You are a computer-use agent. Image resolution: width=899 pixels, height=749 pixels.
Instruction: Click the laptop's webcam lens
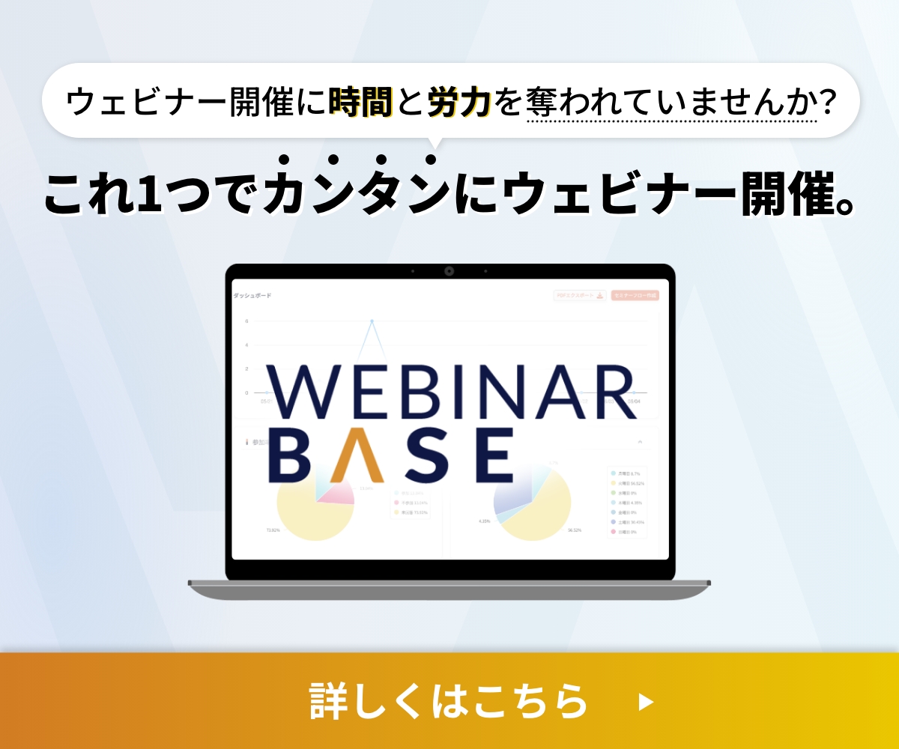449,271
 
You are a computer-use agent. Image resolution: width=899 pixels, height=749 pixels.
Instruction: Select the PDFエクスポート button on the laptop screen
579,296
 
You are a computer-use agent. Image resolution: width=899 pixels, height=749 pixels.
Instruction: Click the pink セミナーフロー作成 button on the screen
635,296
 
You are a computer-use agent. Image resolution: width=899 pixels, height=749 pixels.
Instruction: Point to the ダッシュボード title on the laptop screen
252,296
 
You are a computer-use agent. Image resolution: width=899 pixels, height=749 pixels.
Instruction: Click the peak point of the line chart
372,321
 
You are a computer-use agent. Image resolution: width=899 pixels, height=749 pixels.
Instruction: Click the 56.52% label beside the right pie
575,530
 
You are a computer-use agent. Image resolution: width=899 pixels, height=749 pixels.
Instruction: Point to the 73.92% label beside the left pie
273,530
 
